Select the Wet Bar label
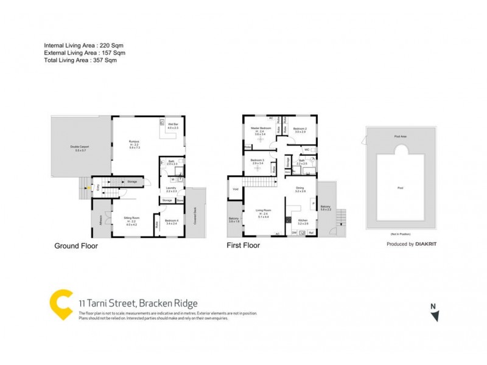click(172, 126)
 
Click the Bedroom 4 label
click(172, 221)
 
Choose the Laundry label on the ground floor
click(171, 189)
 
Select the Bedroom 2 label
click(300, 129)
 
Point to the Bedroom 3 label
click(257, 161)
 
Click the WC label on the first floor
click(306, 149)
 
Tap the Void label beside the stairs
click(235, 189)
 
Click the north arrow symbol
click(434, 315)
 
